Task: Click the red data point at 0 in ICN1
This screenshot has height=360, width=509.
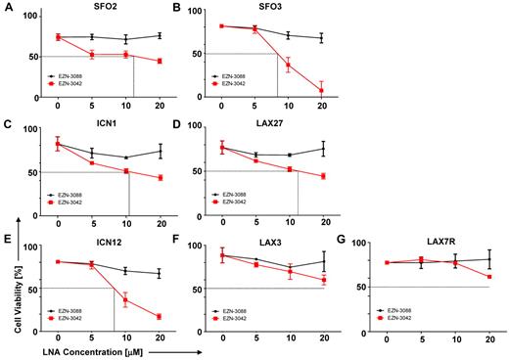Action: click(58, 144)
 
